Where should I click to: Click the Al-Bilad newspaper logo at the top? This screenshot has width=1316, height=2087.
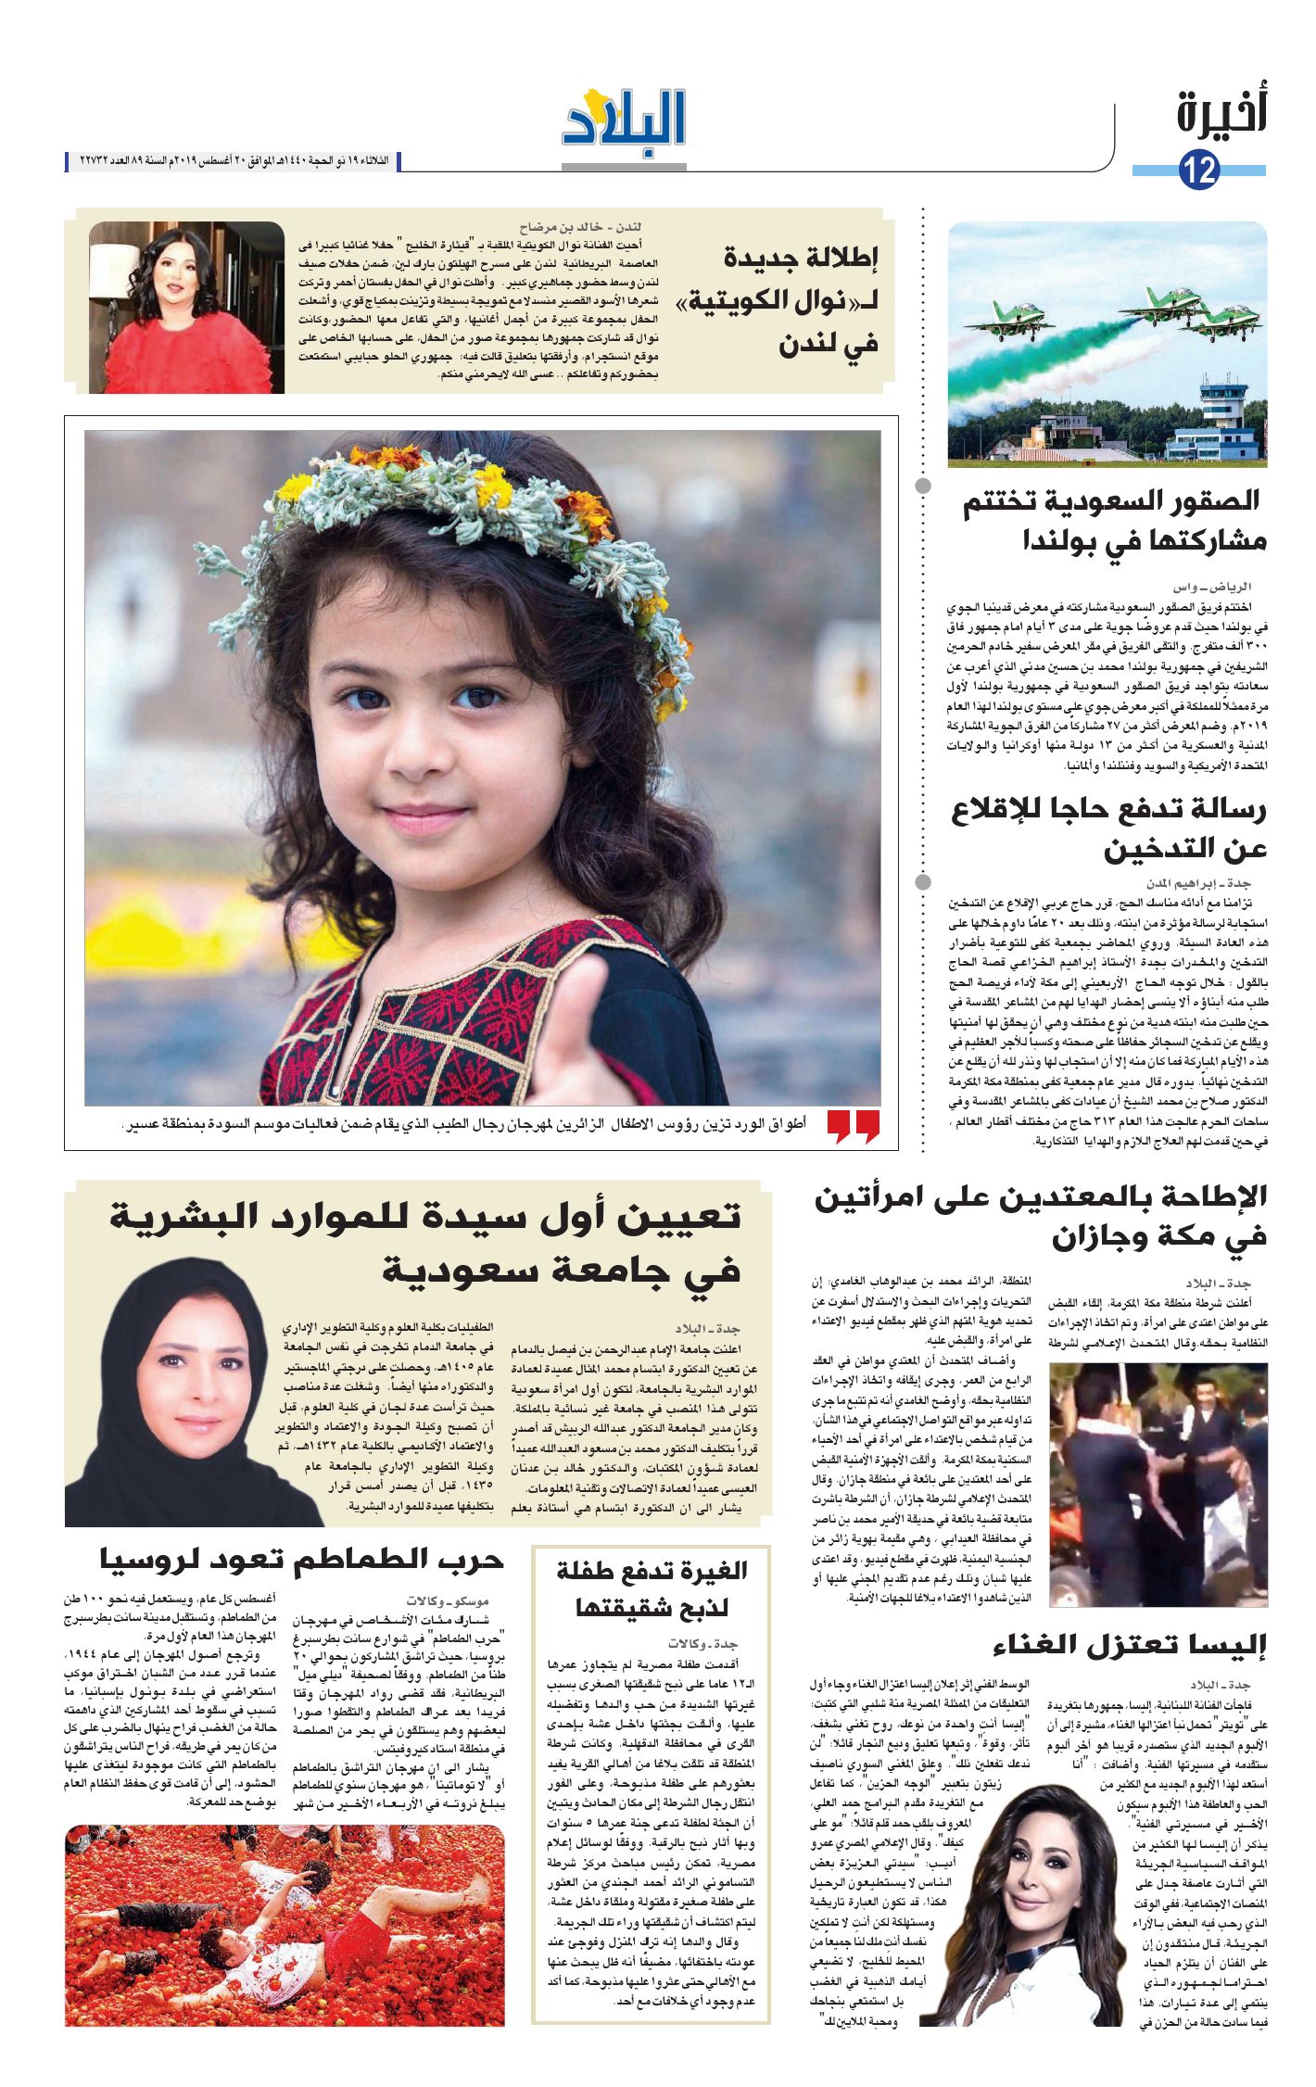(624, 120)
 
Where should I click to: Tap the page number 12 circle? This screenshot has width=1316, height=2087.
(1198, 170)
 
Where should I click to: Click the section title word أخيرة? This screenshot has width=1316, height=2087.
(1221, 112)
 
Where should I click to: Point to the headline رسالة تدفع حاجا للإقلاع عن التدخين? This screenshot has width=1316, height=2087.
(1109, 828)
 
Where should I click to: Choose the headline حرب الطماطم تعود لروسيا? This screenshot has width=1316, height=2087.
(301, 1560)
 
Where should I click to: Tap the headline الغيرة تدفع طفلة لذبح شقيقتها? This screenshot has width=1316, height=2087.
(652, 1588)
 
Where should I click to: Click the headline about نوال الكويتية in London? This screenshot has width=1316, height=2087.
(801, 300)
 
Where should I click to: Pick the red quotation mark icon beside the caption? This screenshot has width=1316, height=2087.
(853, 1126)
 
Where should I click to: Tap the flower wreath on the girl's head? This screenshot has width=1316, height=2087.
(445, 519)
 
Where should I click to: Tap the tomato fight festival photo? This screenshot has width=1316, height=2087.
(285, 1926)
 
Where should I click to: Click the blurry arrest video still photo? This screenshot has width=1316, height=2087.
(1158, 1484)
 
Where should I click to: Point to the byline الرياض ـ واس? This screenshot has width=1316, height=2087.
(1211, 588)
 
